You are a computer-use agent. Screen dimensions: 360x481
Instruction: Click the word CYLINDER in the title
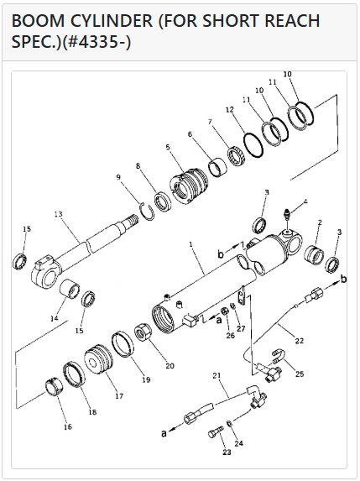point(112,21)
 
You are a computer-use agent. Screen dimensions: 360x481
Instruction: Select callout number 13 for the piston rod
point(58,214)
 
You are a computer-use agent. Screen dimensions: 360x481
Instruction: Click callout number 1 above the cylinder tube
point(190,244)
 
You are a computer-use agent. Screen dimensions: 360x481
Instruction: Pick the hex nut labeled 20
point(143,333)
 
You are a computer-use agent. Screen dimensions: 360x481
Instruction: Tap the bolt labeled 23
point(216,433)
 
